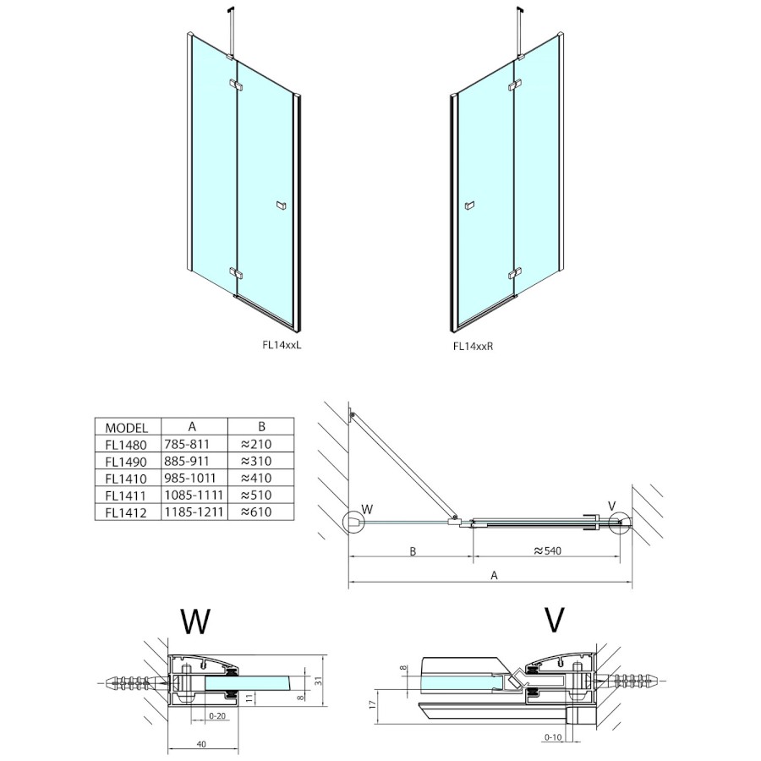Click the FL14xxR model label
[474, 345]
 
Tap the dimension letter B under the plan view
[412, 551]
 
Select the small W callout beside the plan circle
[366, 509]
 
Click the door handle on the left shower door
[280, 205]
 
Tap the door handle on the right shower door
[470, 205]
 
